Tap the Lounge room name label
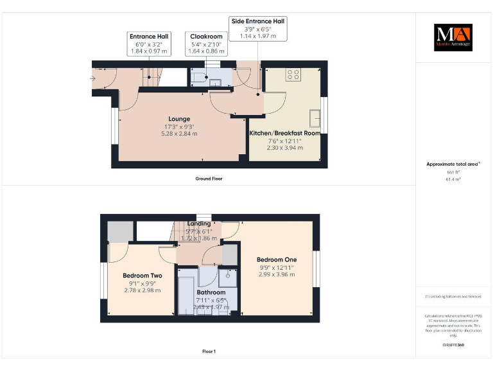[179, 119]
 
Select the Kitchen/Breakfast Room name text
[284, 133]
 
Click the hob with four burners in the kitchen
[294, 75]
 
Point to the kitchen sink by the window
[315, 118]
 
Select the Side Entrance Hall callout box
[258, 29]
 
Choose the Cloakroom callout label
[205, 44]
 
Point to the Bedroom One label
[277, 260]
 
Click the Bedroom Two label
[142, 276]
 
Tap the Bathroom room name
[211, 292]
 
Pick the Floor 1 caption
[209, 351]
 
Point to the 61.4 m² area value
[453, 180]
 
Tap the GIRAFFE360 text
[453, 345]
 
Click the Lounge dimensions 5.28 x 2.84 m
[179, 134]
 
